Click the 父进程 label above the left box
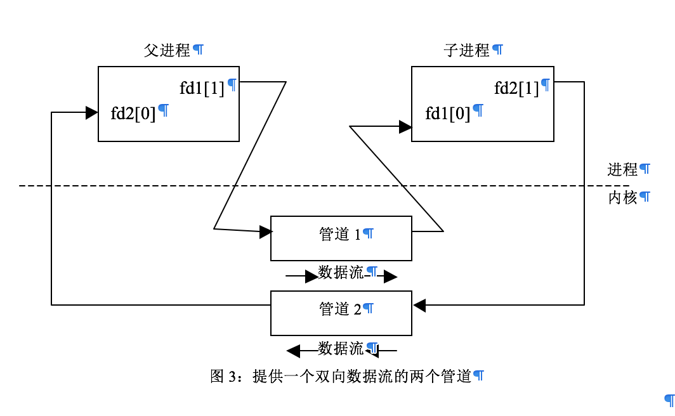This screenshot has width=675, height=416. [x=167, y=51]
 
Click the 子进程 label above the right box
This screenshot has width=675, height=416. [x=466, y=51]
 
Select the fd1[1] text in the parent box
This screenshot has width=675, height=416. [x=202, y=88]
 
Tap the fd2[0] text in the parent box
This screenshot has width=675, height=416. [x=133, y=114]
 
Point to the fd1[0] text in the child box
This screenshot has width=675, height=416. [x=448, y=114]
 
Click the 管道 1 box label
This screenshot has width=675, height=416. [x=339, y=235]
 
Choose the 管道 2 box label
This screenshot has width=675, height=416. [x=339, y=309]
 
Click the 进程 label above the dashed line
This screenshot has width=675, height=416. [x=622, y=170]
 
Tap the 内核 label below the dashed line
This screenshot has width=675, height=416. [x=622, y=198]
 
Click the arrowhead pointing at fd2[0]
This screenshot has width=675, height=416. [x=92, y=113]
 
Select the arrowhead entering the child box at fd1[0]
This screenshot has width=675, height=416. [x=405, y=127]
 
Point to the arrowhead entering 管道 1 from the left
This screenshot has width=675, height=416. [x=266, y=232]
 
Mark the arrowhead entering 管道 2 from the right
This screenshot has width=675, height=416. [x=419, y=306]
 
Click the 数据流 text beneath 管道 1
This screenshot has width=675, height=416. [x=341, y=273]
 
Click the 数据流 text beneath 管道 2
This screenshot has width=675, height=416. [x=341, y=348]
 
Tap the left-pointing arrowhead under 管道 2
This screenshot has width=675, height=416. [x=293, y=351]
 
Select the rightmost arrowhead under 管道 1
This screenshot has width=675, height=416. [x=390, y=276]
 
